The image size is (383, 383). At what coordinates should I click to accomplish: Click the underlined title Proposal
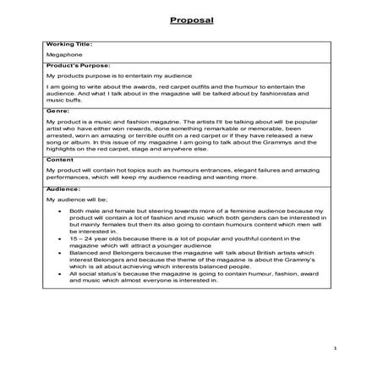tap(191, 18)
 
